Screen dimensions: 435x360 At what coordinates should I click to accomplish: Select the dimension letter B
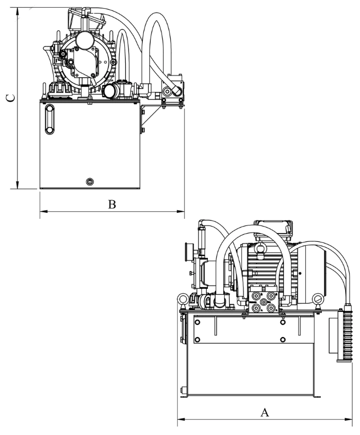[x=112, y=204]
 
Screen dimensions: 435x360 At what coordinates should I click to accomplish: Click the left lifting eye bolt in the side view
[x=181, y=299]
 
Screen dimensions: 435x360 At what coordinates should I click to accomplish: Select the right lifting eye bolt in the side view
[x=318, y=299]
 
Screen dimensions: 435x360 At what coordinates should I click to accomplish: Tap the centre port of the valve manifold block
[x=264, y=301]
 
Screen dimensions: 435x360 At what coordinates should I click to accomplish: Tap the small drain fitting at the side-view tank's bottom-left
[x=183, y=391]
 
